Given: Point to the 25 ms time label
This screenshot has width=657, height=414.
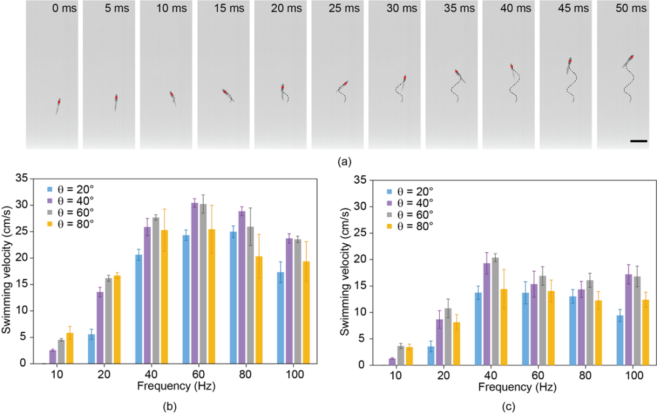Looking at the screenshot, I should (x=351, y=10).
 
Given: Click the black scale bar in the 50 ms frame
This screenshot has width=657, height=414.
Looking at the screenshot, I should (x=638, y=141).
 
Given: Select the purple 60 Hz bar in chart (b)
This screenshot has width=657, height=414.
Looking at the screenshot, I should (x=194, y=283).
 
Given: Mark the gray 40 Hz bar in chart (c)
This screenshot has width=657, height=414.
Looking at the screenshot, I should (x=494, y=311).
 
